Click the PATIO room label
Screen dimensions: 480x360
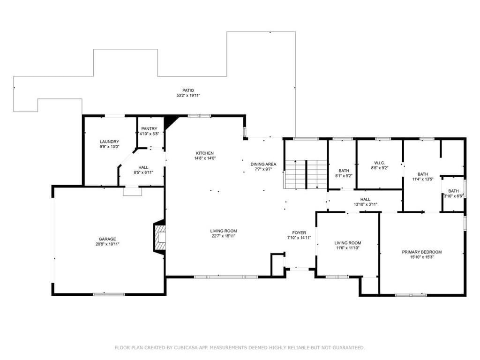pos(188,90)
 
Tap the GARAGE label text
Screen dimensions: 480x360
pos(107,239)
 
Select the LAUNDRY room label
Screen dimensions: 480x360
pos(109,142)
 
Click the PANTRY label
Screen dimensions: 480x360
pos(149,129)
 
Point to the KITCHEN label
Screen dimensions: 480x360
pos(205,153)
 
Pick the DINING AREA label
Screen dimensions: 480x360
pos(263,164)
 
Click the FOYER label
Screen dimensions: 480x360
pos(299,232)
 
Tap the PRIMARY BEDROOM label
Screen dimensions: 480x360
pos(421,252)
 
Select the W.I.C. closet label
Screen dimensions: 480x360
pos(379,163)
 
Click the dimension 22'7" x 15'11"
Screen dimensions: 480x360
pos(224,236)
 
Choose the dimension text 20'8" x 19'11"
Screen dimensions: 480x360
pos(107,244)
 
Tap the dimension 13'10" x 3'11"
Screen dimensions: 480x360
pos(365,204)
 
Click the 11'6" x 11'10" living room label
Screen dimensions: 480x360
pos(347,247)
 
